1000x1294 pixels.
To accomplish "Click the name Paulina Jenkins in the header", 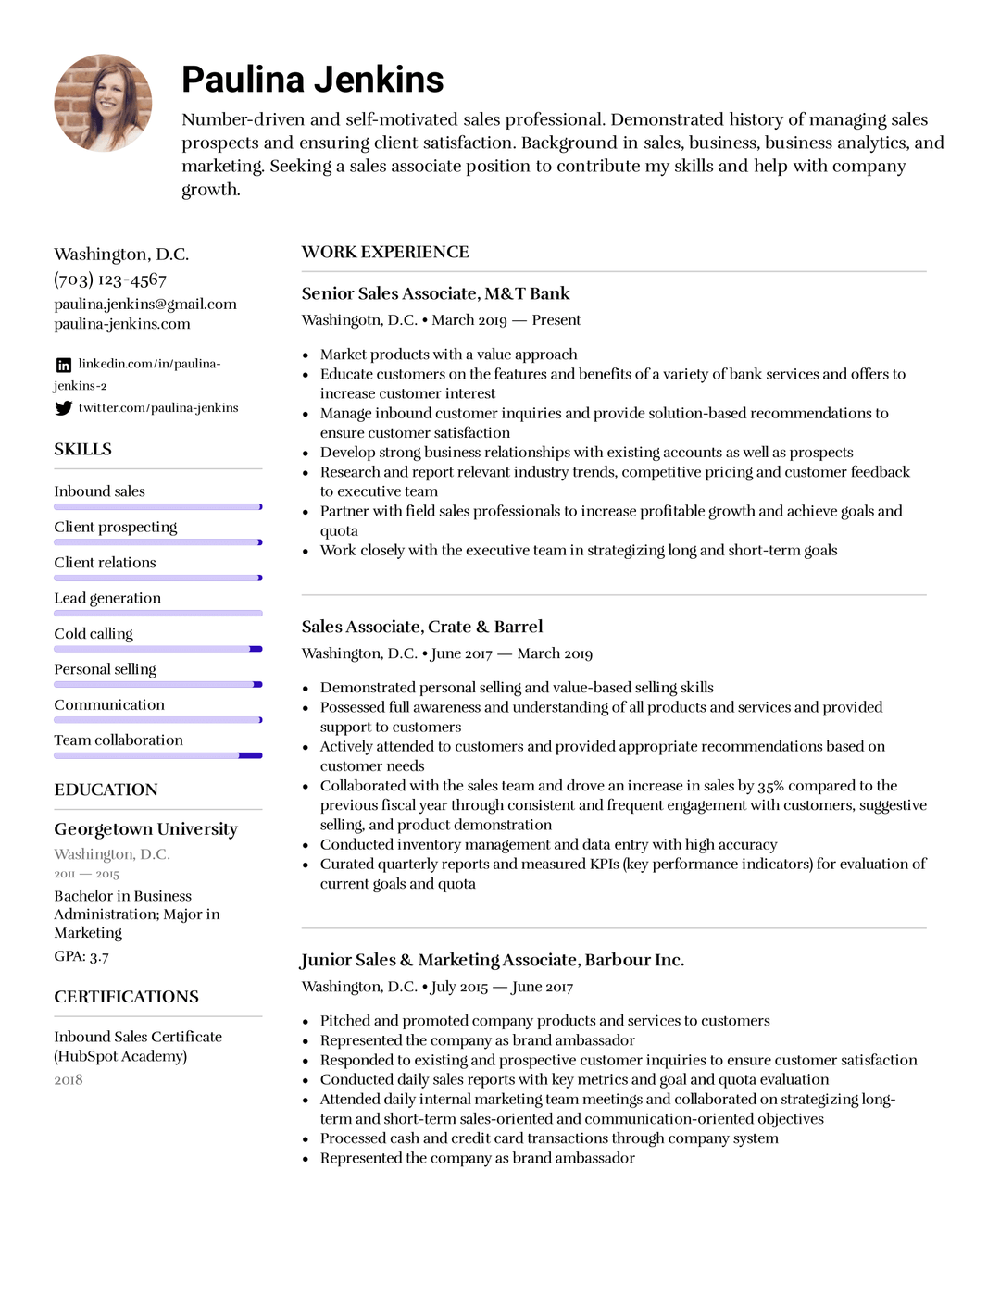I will pyautogui.click(x=312, y=80).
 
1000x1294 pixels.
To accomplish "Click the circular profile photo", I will pyautogui.click(x=103, y=103).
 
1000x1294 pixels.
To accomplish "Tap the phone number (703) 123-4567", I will pyautogui.click(x=110, y=280).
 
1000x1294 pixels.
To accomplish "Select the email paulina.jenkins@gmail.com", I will pyautogui.click(x=145, y=304).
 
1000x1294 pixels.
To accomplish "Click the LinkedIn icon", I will pyautogui.click(x=63, y=365).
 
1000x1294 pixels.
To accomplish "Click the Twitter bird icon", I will pyautogui.click(x=63, y=408).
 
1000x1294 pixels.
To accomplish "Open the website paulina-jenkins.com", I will pyautogui.click(x=122, y=324).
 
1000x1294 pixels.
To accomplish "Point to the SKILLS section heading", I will pyautogui.click(x=82, y=449).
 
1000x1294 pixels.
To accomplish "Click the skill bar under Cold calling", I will pyautogui.click(x=157, y=649).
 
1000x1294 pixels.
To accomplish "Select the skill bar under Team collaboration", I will pyautogui.click(x=157, y=755).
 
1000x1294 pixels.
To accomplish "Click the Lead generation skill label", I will pyautogui.click(x=107, y=598).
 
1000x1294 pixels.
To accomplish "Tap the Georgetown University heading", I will pyautogui.click(x=145, y=828).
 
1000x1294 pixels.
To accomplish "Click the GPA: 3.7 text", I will pyautogui.click(x=81, y=956).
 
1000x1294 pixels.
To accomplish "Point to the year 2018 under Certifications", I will pyautogui.click(x=69, y=1079).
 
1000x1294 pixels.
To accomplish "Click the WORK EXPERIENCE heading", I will pyautogui.click(x=385, y=252).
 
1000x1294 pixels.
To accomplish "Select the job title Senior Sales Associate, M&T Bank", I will pyautogui.click(x=435, y=293).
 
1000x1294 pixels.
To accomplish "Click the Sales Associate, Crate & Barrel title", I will pyautogui.click(x=422, y=627).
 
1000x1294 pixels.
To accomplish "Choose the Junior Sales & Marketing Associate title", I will pyautogui.click(x=493, y=960).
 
